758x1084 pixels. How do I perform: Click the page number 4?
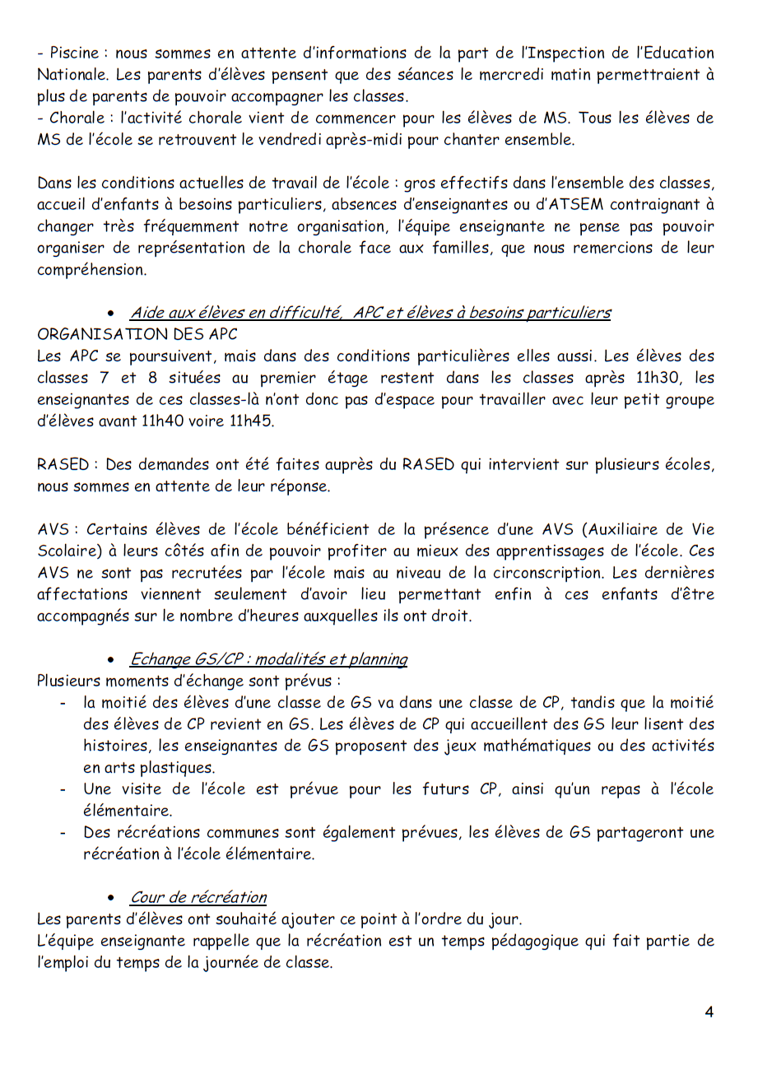pyautogui.click(x=709, y=1012)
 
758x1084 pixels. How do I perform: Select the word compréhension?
pyautogui.click(x=91, y=270)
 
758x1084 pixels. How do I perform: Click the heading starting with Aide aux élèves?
pyautogui.click(x=370, y=313)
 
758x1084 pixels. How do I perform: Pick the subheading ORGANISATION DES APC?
pyautogui.click(x=137, y=334)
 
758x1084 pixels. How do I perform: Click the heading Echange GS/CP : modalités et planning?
pyautogui.click(x=268, y=659)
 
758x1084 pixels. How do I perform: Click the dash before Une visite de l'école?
pyautogui.click(x=63, y=789)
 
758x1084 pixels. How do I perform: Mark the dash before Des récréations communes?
pyautogui.click(x=63, y=832)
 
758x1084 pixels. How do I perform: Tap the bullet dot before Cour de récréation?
pyautogui.click(x=110, y=898)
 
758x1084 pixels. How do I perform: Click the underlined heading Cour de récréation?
pyautogui.click(x=198, y=898)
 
